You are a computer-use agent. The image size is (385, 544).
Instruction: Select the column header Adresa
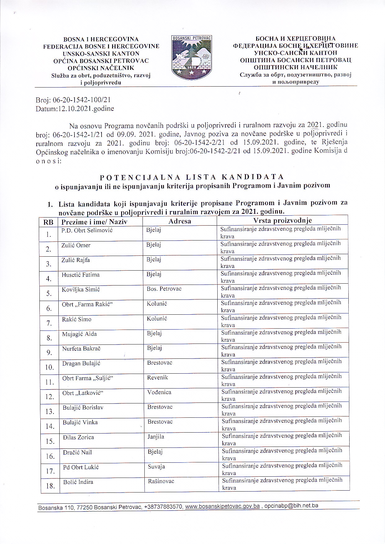point(180,221)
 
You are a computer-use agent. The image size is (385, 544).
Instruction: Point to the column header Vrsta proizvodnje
point(282,221)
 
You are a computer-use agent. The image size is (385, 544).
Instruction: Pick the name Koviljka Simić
point(80,290)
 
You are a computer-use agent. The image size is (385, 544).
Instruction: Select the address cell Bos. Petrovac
point(164,289)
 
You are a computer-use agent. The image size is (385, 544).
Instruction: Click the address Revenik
point(157,377)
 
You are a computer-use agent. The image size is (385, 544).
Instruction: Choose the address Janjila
point(156,437)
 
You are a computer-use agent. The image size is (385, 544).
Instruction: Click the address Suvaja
point(156,467)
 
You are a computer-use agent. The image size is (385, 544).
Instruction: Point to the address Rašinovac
point(161,481)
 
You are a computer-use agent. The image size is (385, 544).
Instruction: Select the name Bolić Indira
point(78,482)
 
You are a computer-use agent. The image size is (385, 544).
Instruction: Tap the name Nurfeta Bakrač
point(81,349)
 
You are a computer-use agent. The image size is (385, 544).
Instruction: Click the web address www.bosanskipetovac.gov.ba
point(222,506)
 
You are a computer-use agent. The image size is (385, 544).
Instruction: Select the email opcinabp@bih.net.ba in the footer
point(291,506)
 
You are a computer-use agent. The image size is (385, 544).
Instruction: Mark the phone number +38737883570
point(163,507)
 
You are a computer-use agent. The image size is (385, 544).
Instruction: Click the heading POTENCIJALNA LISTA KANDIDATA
point(192,177)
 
